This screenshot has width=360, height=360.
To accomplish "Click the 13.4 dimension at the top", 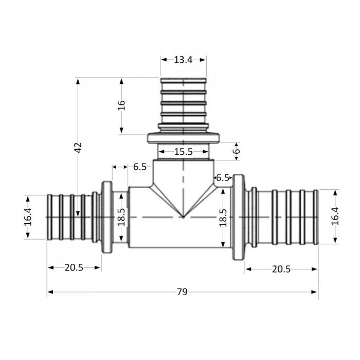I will pos(183,60).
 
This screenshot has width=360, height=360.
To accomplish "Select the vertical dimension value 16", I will pos(122,105).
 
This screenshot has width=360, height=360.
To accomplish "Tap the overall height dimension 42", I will pos(78,148).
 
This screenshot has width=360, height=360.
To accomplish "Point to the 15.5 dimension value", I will pos(183,152).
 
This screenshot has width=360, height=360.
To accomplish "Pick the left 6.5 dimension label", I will pos(140,167).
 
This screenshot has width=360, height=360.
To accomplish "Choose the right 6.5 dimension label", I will pos(223,177).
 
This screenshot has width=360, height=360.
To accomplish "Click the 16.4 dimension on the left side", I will pos(28,217).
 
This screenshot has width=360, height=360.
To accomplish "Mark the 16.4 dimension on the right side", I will pos(335,217).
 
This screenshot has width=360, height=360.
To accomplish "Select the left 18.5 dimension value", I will pos(121,217).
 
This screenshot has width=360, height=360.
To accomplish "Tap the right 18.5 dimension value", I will pos(223,217).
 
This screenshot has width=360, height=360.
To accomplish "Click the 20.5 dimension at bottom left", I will pos(74,267).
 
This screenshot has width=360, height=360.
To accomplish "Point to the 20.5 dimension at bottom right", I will pos(281,268).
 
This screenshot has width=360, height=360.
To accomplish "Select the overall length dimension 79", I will pos(182,292).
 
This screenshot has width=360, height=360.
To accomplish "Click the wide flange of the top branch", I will pos(184,138).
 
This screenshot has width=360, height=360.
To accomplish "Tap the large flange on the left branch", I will pos(107,217).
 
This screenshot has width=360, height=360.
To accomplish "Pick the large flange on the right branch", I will pos(238,217).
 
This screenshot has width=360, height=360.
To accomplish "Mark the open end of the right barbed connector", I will pos(316,217).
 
